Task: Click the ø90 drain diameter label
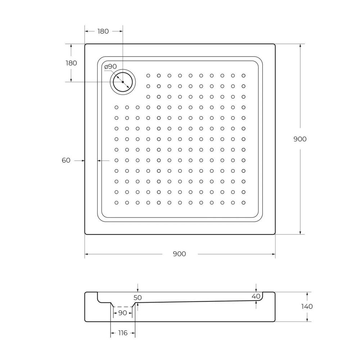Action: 111,67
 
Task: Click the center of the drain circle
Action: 123,82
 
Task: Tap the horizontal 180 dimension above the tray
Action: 103,31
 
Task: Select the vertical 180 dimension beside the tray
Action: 71,63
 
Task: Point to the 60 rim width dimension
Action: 66,161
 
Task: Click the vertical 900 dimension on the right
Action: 300,139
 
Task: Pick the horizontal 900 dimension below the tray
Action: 179,254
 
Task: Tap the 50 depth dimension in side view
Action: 138,298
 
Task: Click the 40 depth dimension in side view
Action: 256,296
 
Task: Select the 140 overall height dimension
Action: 307,307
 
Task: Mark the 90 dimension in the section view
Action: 123,313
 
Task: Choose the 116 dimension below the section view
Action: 123,333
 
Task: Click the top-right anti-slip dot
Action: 244,76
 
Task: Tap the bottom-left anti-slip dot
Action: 116,203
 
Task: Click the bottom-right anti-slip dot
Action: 244,203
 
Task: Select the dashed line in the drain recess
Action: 123,307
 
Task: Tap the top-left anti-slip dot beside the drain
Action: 148,76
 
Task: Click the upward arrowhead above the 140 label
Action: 307,294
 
